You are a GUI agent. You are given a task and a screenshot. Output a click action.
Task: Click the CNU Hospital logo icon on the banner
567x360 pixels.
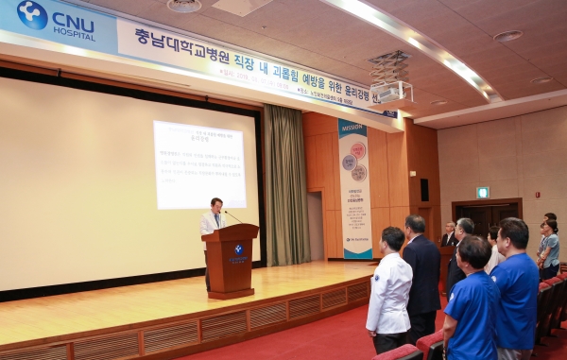tap(31, 15)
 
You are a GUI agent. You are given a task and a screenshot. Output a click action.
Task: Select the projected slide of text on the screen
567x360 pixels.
tap(199, 164)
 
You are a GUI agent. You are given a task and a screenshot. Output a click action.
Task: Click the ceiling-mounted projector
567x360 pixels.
tap(390, 91)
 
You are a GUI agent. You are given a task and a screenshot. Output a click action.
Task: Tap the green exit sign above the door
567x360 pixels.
tap(483, 192)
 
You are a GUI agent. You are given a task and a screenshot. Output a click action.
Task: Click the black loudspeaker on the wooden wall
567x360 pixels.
tap(423, 189)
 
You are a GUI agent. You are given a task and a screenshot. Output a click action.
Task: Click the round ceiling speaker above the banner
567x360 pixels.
tap(184, 6)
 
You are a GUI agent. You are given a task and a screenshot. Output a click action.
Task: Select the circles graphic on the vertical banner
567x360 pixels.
tap(355, 161)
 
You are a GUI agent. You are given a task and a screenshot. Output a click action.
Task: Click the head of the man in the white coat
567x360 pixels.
tap(392, 239)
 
